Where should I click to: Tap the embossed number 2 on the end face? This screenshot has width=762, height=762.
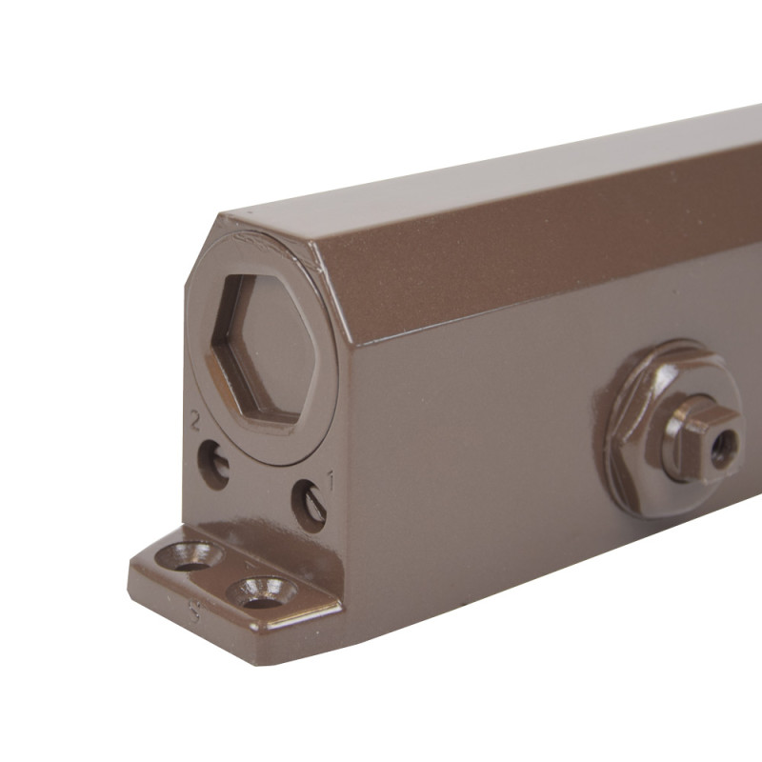point(195,422)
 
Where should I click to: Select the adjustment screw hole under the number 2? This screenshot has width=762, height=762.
point(213,464)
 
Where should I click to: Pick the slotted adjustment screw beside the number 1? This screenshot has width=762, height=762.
point(310,506)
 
